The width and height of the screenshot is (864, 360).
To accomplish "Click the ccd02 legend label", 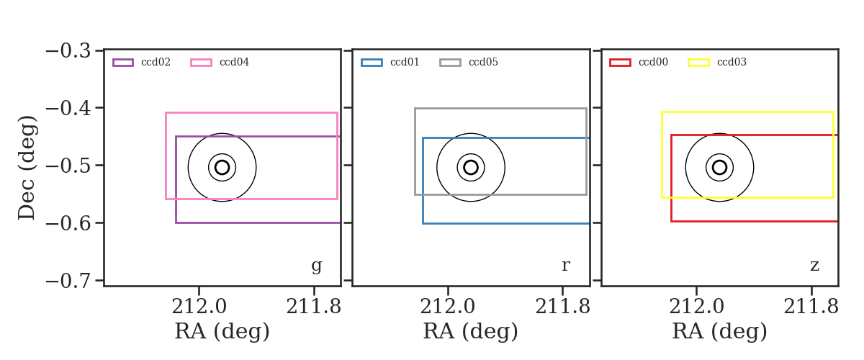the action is tap(156, 62).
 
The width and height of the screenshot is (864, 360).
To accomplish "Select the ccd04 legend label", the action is tap(234, 62).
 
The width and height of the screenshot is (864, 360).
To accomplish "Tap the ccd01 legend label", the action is tap(405, 62).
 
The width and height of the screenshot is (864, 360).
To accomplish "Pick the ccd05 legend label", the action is tap(483, 62).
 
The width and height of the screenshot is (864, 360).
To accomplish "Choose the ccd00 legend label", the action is tap(654, 62).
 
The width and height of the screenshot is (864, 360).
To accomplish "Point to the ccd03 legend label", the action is tap(732, 62).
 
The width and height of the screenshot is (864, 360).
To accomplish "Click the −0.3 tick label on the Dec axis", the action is tap(68, 50).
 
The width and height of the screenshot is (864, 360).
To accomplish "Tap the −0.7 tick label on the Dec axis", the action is tap(68, 281).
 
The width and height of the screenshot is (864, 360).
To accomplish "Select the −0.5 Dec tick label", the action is tap(68, 166).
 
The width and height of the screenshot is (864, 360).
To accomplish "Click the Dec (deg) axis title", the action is tap(27, 168).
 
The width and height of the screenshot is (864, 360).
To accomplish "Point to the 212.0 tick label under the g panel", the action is tap(199, 307).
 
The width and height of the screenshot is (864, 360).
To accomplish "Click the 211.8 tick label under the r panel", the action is tap(563, 307).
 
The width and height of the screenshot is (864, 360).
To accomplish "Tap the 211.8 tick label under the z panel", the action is tap(811, 307).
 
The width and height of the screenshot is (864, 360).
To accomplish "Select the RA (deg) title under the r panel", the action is tap(471, 331).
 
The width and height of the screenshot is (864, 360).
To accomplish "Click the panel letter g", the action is tap(316, 266).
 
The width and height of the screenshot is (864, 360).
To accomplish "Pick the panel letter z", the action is tap(814, 266).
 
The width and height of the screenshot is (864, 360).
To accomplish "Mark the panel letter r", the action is tap(565, 266).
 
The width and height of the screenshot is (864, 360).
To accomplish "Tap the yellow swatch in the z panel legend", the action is tap(698, 63).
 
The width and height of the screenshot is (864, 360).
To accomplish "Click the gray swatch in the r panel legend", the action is tap(450, 63).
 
